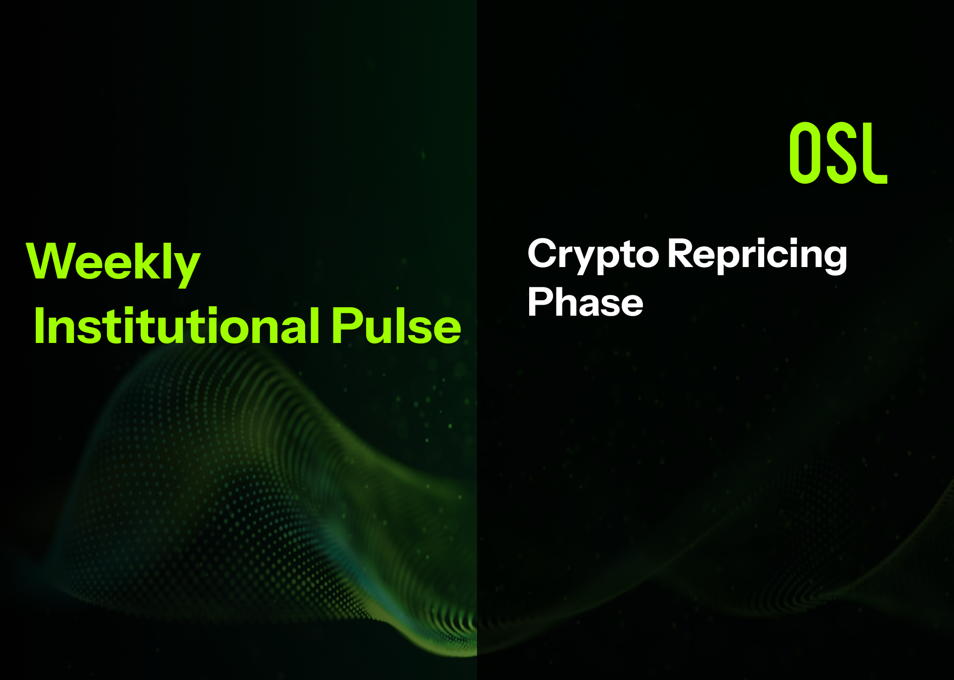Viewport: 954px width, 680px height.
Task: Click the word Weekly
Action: [x=113, y=263]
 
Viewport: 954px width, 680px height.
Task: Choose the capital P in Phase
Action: [x=541, y=301]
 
